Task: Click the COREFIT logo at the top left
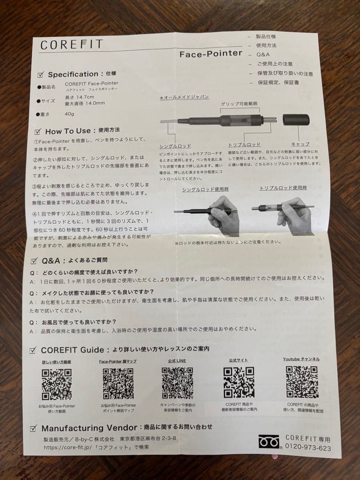(x=72, y=45)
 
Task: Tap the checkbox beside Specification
(x=41, y=75)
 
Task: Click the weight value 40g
(x=69, y=114)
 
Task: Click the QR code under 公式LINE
(x=177, y=383)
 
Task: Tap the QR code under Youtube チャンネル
(x=302, y=382)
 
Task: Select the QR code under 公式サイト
(x=239, y=383)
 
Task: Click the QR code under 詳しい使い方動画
(x=56, y=384)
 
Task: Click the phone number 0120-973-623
(x=308, y=448)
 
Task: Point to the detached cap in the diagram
(x=296, y=120)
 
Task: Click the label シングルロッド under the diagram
(x=175, y=146)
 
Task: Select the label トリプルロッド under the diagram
(x=244, y=145)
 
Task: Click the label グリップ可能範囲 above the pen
(x=239, y=104)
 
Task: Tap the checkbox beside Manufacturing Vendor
(x=33, y=428)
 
